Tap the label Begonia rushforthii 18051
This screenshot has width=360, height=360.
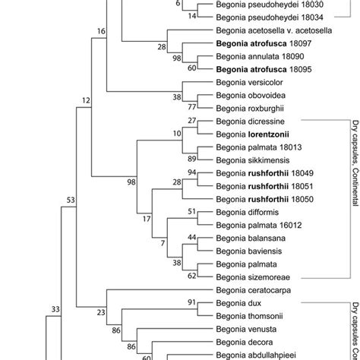click(261, 185)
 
